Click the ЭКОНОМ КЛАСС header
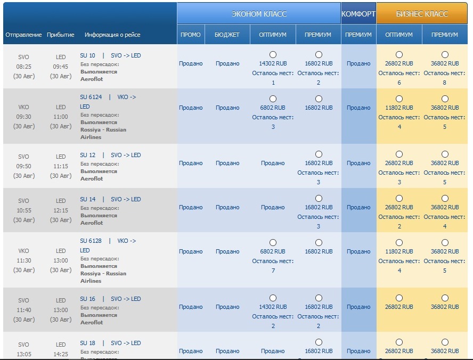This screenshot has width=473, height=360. click(259, 14)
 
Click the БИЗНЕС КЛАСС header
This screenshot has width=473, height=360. click(422, 14)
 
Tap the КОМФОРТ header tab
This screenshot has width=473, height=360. click(358, 14)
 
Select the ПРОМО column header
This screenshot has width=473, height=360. click(191, 35)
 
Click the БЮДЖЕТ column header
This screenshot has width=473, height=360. click(227, 35)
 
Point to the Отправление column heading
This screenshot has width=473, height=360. click(23, 35)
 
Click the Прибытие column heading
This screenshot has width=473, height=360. click(61, 35)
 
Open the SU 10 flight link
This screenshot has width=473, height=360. click(88, 55)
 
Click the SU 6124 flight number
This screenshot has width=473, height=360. click(91, 97)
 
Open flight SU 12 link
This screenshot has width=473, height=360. click(88, 155)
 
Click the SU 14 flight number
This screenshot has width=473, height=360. click(88, 199)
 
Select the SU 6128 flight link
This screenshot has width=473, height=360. click(91, 241)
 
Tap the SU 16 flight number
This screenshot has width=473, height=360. click(88, 299)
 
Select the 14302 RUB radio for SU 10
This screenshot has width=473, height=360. click(273, 54)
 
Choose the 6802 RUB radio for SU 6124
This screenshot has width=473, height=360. click(273, 99)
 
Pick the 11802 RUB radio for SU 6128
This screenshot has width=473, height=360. click(399, 242)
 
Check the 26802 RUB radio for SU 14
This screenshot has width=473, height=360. click(399, 198)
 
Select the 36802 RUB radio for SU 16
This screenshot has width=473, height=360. click(445, 298)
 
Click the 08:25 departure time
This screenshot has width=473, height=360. click(24, 67)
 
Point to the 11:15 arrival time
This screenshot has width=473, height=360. click(61, 166)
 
